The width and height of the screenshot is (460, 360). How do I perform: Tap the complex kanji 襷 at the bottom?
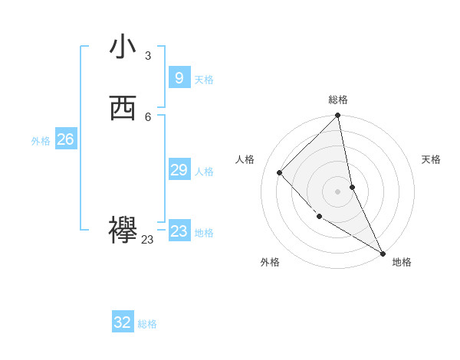123,231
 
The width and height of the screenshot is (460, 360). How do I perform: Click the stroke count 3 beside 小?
148,55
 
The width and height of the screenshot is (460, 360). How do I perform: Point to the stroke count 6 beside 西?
148,116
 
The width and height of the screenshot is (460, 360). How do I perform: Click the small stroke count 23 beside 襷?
147,240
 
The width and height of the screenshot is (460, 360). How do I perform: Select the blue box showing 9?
179,78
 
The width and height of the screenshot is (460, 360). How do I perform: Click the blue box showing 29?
179,170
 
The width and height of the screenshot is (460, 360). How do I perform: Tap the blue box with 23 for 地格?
179,231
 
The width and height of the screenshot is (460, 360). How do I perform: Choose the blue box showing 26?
65,139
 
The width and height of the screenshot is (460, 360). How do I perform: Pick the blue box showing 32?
123,322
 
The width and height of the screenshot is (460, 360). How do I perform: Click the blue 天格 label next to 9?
204,80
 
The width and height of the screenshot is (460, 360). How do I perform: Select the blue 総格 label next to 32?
147,324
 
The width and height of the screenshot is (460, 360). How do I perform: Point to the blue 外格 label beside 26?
41,141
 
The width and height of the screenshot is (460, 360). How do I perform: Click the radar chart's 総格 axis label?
338,100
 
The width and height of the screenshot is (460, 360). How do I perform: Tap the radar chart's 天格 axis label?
431,159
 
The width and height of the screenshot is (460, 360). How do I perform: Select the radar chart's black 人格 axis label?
245,159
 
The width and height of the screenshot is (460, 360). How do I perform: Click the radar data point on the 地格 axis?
383,253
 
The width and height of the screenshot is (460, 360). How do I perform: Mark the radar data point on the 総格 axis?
338,116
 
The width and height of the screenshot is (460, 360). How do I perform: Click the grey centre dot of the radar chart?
337,191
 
